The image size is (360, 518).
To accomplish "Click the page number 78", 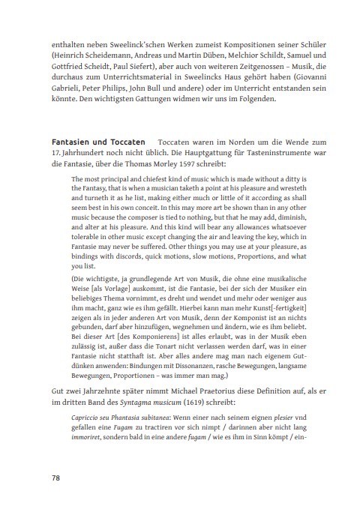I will click(56, 478).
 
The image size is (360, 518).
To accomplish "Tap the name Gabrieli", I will click(71, 88).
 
